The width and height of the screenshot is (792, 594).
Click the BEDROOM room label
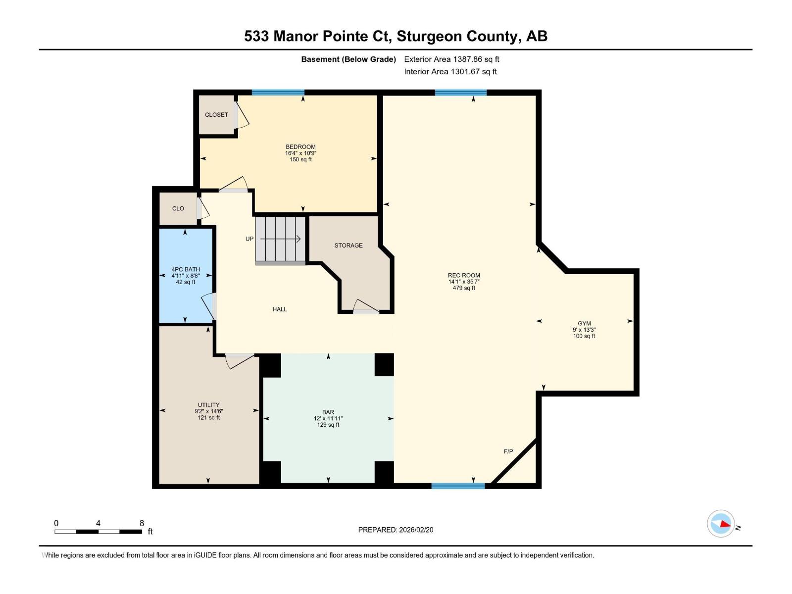tap(300, 147)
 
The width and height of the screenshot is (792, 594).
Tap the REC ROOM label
tap(464, 276)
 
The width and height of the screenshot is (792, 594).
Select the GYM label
tap(584, 324)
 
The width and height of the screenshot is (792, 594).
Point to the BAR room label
tap(328, 412)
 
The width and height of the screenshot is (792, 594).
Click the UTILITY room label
tap(208, 405)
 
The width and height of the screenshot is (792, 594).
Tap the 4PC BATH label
tap(186, 270)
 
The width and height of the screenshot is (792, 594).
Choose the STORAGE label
tap(348, 246)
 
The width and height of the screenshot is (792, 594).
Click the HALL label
tap(280, 309)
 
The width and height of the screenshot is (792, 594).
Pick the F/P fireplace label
tap(508, 451)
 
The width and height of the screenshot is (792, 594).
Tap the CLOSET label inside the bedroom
tap(216, 115)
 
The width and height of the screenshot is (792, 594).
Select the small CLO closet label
tap(178, 209)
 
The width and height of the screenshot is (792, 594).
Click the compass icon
tap(721, 524)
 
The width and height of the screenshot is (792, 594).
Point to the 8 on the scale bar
tap(142, 523)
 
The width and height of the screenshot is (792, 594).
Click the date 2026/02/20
tap(416, 530)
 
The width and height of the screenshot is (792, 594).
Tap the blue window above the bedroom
tap(278, 93)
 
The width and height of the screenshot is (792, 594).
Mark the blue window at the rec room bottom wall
tap(458, 486)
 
